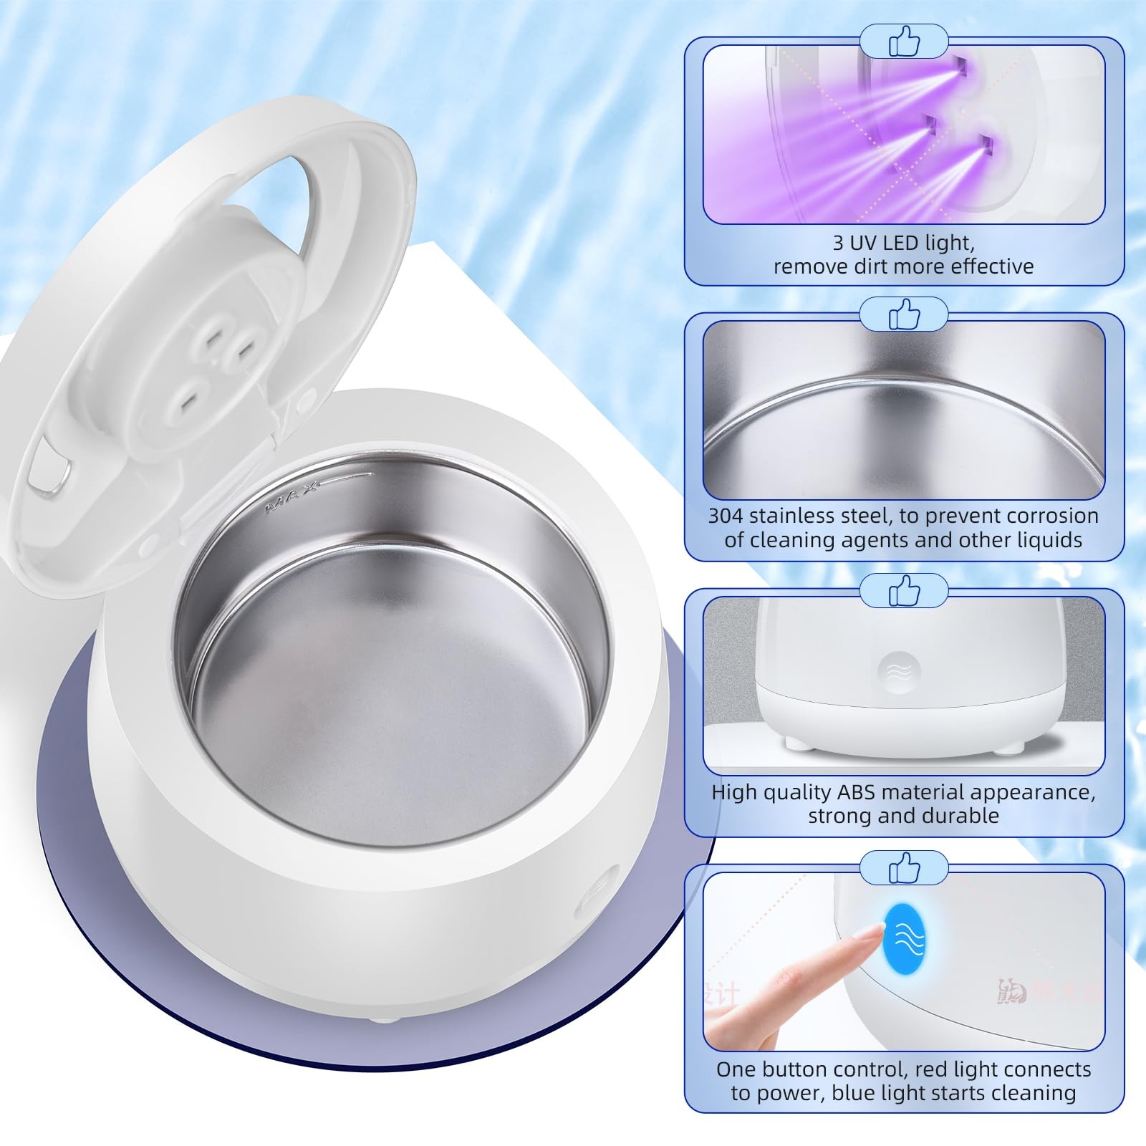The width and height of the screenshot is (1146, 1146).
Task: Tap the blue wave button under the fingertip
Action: [x=905, y=938]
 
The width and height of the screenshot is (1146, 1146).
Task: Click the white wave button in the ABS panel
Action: [x=900, y=672]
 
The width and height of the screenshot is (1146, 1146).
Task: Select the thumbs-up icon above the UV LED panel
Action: [x=904, y=42]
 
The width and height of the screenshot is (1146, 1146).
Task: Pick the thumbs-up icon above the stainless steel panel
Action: [x=904, y=314]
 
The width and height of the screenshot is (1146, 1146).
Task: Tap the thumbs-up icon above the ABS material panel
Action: [x=904, y=591]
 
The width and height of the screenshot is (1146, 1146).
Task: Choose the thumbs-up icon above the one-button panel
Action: [x=904, y=867]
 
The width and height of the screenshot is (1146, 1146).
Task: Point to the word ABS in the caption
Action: [x=857, y=792]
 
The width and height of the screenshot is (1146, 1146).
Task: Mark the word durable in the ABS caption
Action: [x=963, y=816]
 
